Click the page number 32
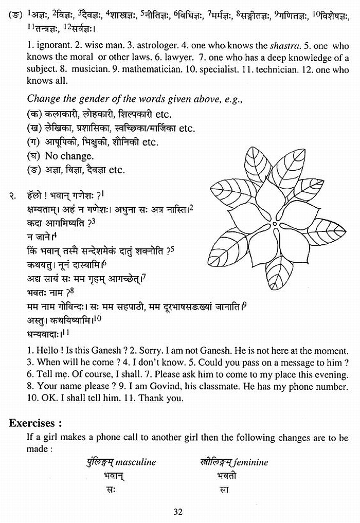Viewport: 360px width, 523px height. coord(178,511)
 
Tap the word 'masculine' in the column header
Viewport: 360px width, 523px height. coord(136,462)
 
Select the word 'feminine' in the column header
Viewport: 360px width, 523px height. coord(251,462)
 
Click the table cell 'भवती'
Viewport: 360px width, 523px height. coord(227,476)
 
